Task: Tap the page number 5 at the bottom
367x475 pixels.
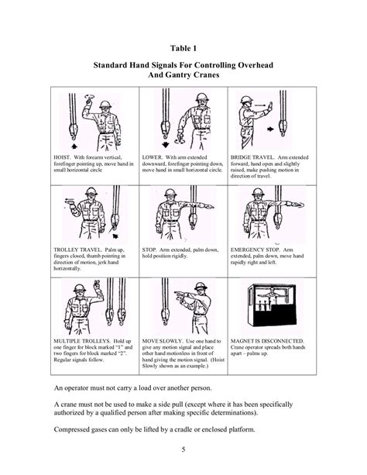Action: tap(183, 451)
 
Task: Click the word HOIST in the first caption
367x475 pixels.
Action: tap(62, 156)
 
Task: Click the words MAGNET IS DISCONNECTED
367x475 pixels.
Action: tap(269, 340)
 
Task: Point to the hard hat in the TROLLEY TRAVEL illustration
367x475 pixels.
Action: tap(86, 191)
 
